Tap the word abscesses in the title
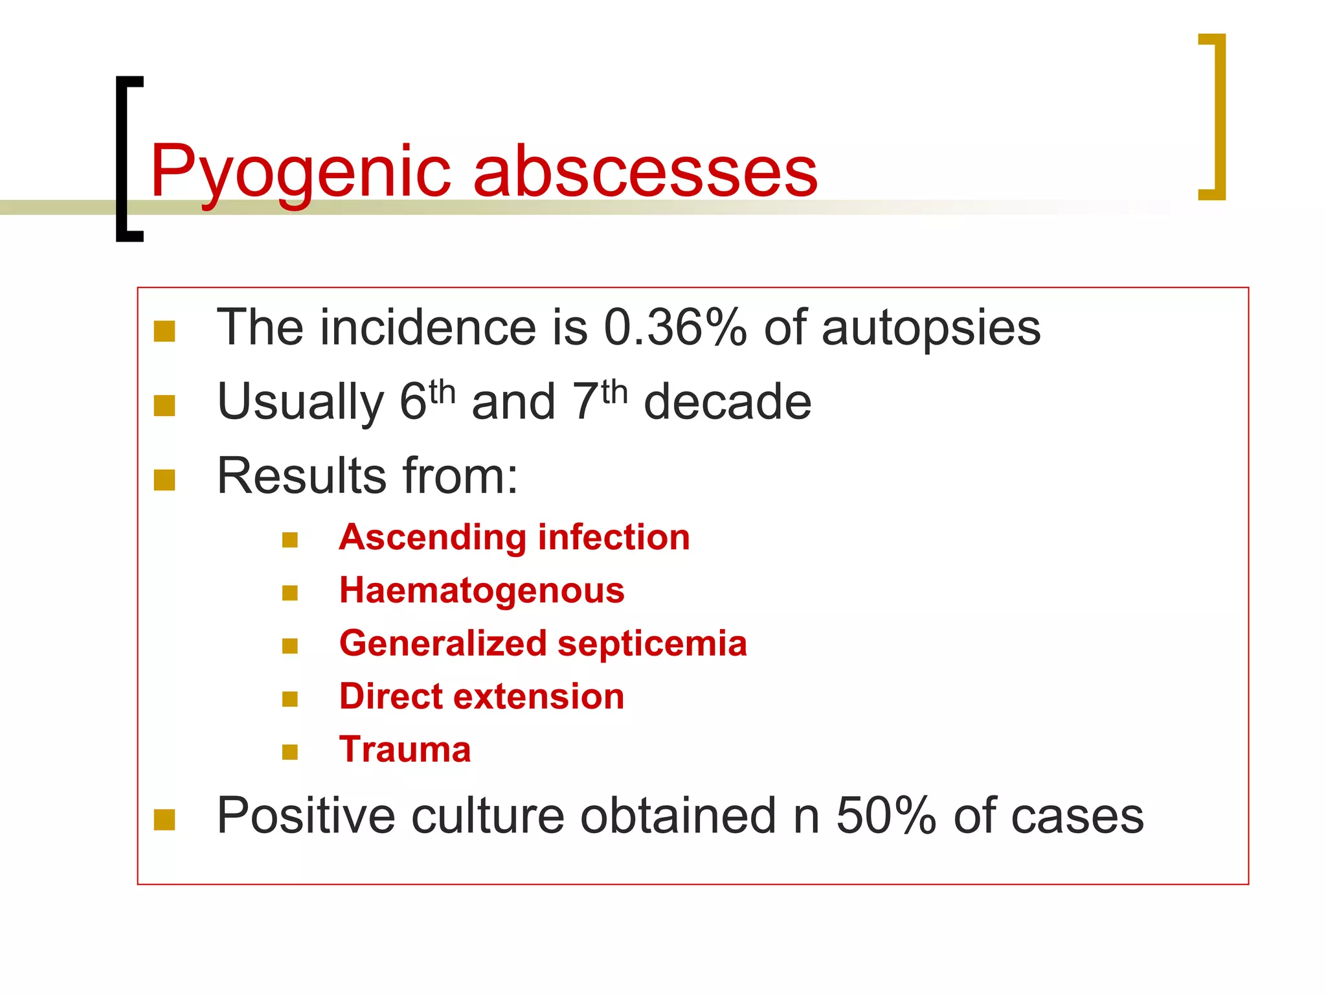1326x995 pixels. click(646, 172)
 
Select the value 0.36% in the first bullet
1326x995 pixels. click(675, 328)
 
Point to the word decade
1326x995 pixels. click(727, 402)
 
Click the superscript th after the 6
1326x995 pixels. click(442, 392)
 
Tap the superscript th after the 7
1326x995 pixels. click(614, 392)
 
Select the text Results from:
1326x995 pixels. click(367, 476)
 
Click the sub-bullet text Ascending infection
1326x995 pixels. click(514, 538)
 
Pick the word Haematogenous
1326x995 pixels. click(482, 591)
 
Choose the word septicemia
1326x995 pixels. click(652, 643)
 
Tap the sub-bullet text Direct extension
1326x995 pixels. click(482, 696)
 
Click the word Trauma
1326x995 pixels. click(405, 749)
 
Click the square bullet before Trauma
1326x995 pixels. click(290, 751)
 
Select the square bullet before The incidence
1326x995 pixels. click(164, 331)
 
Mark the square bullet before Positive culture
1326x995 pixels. click(164, 819)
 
